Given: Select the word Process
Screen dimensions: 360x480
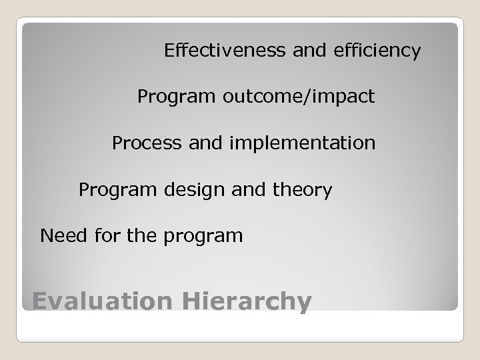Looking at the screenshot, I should [x=142, y=143].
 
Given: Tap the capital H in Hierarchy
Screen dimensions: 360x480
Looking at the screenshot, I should [x=191, y=301].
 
